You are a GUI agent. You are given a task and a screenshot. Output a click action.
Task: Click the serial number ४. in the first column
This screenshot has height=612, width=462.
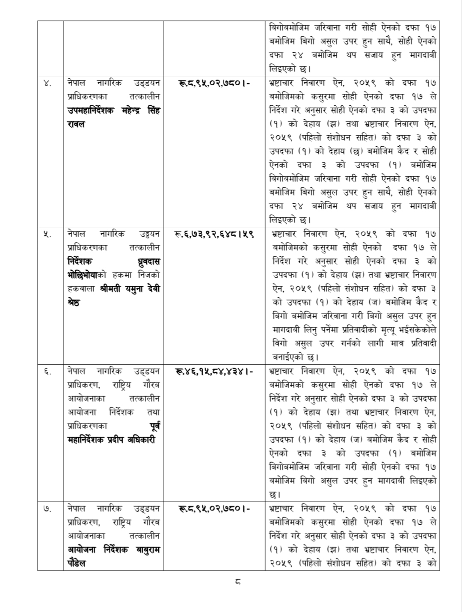point(48,83)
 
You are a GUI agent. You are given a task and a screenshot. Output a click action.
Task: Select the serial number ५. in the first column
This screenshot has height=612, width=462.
point(48,234)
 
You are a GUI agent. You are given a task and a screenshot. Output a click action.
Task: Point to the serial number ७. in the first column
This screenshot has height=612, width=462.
point(48,509)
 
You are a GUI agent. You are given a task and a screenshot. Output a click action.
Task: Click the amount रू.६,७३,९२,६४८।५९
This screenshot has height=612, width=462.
point(214,234)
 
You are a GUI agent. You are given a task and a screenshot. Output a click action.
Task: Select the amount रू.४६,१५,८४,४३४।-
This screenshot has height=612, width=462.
point(214,371)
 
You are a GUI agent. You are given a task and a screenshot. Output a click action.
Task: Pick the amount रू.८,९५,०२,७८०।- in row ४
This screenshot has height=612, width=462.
point(214,83)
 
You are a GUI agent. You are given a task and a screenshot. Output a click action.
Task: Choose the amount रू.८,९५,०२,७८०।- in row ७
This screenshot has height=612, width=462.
point(214,509)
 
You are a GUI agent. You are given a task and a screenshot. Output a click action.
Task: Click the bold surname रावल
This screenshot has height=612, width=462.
point(76,125)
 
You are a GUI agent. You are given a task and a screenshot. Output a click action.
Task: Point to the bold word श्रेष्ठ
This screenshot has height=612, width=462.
point(74,303)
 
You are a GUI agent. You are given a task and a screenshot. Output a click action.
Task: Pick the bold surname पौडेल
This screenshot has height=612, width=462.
point(77,564)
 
